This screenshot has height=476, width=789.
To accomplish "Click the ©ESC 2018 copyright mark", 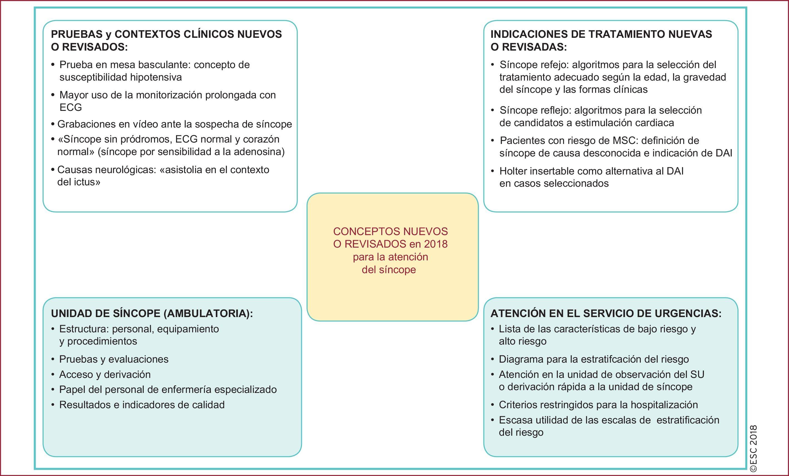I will pos(753,448).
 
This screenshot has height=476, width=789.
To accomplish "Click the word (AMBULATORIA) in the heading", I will pos(208,313).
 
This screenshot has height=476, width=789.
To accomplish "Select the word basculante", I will pos(164,65).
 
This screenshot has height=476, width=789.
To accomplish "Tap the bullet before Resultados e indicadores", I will pos(53,405).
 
